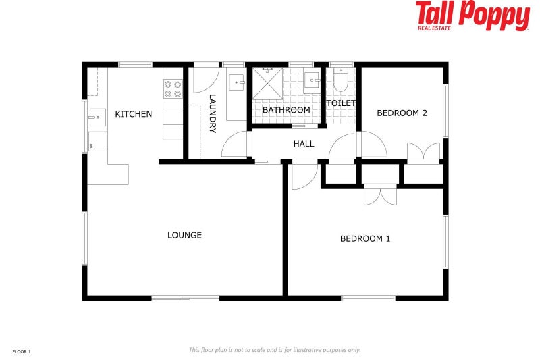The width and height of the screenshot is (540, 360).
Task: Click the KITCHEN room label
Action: pos(134,114)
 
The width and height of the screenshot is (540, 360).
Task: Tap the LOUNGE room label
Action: pos(184,236)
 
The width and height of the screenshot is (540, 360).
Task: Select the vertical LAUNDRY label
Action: pos(213,113)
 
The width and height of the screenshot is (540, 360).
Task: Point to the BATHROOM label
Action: pos(286,110)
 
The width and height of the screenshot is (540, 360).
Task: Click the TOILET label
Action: pos(341,103)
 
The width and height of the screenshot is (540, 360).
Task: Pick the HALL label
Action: pos(304,144)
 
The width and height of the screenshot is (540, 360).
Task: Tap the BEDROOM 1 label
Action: pos(365,238)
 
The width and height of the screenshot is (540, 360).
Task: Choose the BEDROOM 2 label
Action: pos(402,113)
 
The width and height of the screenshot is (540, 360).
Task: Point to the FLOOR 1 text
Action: pos(22,351)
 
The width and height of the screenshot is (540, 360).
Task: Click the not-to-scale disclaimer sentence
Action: pos(275,350)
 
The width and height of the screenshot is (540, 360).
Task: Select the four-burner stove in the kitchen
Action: pos(173,90)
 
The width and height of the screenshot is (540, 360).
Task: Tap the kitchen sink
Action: pos(97,118)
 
